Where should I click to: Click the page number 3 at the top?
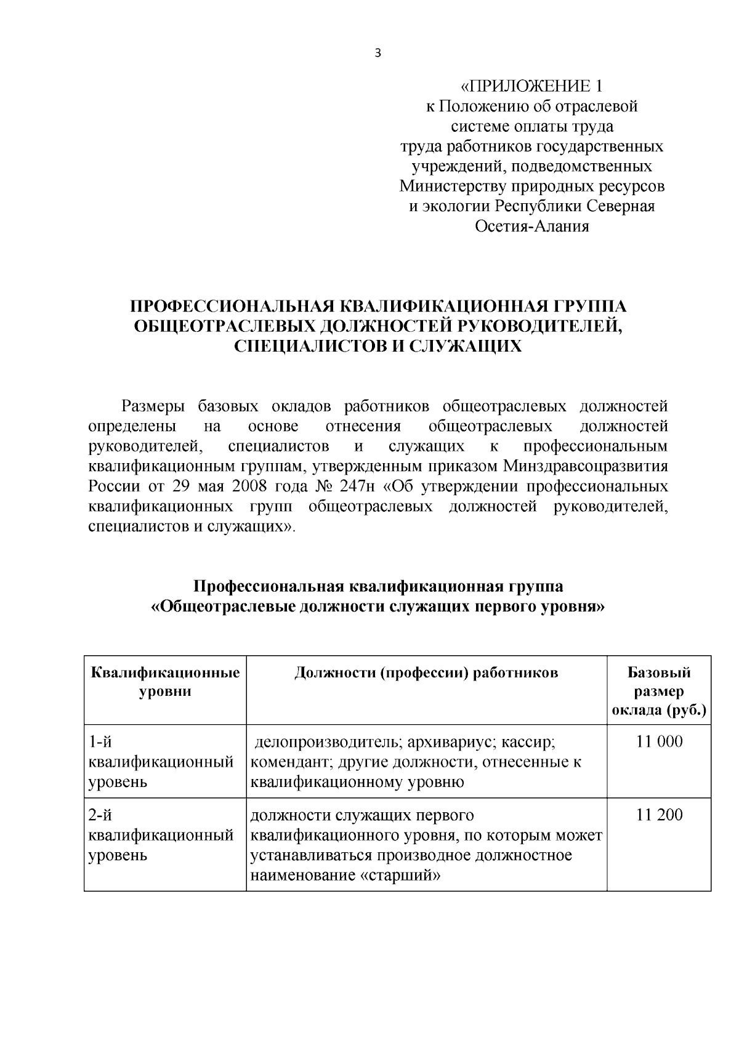click(x=378, y=54)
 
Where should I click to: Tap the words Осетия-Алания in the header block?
click(x=532, y=226)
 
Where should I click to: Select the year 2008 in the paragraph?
click(x=249, y=486)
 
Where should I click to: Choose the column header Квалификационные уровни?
click(x=165, y=682)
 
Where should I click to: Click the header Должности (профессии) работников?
click(x=426, y=672)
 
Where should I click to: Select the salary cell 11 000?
click(x=659, y=741)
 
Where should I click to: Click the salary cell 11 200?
click(x=659, y=815)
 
